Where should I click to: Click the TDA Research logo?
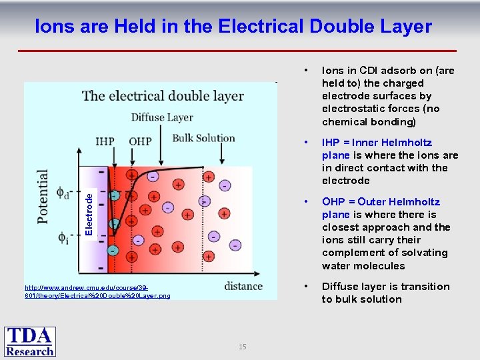[x=31, y=341]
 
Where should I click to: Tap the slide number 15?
[x=243, y=347]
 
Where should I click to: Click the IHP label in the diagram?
[x=105, y=141]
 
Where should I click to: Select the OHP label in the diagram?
[x=139, y=141]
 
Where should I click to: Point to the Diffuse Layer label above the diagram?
[x=162, y=117]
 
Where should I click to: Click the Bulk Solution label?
[x=203, y=139]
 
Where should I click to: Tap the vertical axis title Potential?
[x=43, y=197]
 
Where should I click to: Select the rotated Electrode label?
[x=89, y=211]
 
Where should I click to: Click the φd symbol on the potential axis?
[x=63, y=193]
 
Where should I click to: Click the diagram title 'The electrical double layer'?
[x=163, y=96]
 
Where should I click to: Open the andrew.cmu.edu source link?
[x=97, y=291]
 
